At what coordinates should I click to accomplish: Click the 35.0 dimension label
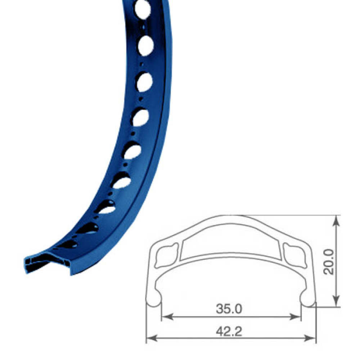[x=229, y=309]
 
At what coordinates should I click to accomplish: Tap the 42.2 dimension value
[x=229, y=331]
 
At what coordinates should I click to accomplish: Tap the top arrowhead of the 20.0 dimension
[x=336, y=221]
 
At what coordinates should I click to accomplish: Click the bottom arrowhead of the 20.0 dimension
[x=336, y=301]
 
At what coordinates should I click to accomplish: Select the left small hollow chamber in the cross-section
[x=167, y=256]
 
